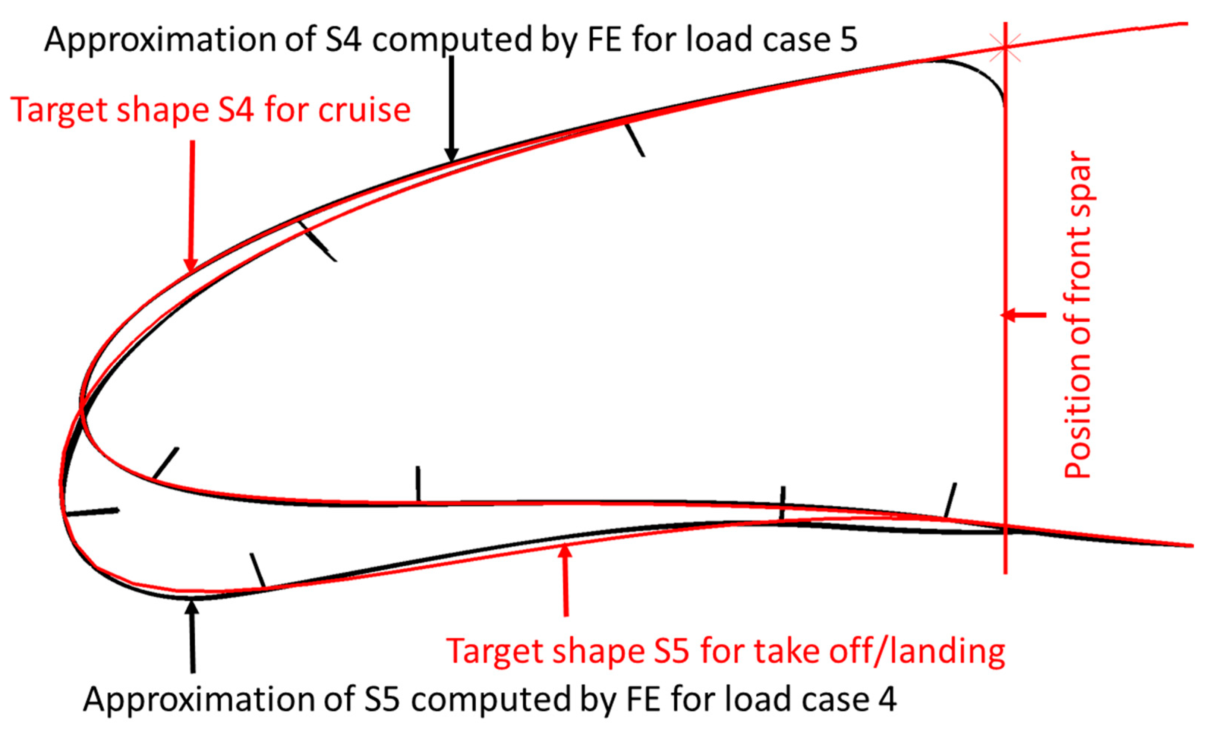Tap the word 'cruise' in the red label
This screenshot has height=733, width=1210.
point(364,110)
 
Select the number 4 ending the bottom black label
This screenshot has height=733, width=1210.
point(887,699)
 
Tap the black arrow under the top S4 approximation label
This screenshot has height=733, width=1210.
point(451,108)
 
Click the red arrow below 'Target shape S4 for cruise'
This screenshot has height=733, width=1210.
point(192,206)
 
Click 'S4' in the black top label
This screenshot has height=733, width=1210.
point(343,39)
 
